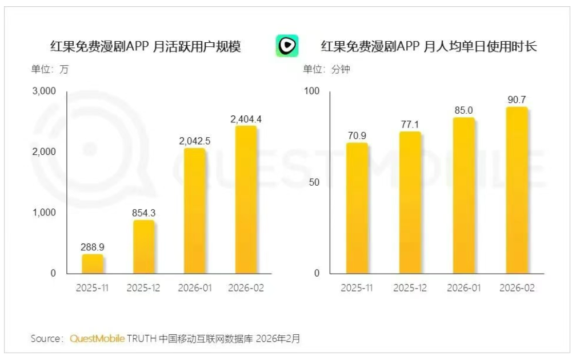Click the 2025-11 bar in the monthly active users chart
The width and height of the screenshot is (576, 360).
(x=93, y=264)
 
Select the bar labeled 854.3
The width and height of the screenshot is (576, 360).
(x=143, y=247)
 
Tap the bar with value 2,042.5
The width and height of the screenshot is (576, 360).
(x=195, y=211)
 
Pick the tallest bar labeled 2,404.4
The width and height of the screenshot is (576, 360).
(x=246, y=200)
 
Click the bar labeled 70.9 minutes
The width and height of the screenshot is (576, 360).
(x=357, y=208)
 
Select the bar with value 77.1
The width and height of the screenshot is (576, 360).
(x=410, y=203)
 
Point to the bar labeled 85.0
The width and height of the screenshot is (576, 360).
(x=463, y=196)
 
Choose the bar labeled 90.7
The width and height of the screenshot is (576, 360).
(x=517, y=190)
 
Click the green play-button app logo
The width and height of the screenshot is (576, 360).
(x=287, y=46)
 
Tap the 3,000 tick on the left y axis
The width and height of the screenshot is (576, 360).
(x=44, y=91)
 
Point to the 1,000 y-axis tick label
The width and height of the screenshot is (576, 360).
(x=44, y=213)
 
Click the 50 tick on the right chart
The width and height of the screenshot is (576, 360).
(x=314, y=182)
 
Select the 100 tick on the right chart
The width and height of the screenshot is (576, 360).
(x=311, y=91)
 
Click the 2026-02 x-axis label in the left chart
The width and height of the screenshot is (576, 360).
(x=246, y=288)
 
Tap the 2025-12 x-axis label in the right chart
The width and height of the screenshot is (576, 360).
(x=410, y=288)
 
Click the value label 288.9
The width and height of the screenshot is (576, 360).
(x=93, y=247)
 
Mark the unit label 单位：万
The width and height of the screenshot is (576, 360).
(x=50, y=69)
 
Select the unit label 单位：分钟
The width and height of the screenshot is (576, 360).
(x=326, y=69)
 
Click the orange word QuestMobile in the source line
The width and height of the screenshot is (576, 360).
(x=97, y=338)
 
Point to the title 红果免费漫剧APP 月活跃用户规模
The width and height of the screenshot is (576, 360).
(x=146, y=47)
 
